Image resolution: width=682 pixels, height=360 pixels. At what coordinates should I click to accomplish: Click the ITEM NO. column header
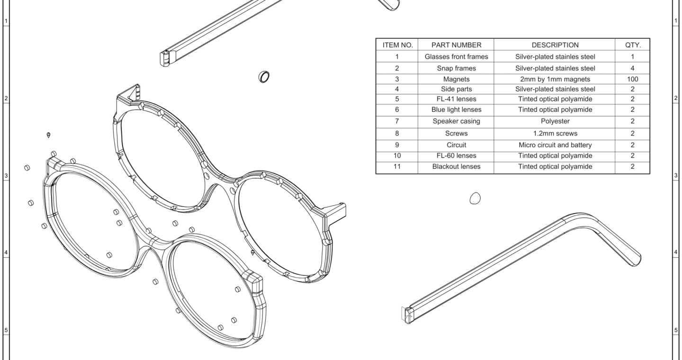(x=397, y=45)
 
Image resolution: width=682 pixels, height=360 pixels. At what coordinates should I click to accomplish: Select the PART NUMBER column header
(x=456, y=45)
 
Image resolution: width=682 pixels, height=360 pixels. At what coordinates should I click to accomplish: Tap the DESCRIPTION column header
(x=555, y=45)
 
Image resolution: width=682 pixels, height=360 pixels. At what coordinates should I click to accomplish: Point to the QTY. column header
(x=633, y=45)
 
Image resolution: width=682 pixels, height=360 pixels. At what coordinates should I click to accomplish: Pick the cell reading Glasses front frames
(x=456, y=57)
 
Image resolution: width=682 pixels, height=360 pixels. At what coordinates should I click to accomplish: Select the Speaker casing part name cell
(x=456, y=121)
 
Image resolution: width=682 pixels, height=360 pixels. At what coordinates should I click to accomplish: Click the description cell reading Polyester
(x=555, y=121)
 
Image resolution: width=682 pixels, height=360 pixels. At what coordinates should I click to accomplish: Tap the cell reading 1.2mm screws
(x=555, y=134)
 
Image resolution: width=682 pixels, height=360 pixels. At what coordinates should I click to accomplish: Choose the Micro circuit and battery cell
(x=555, y=144)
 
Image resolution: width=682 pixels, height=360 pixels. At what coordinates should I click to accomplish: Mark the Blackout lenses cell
(x=456, y=166)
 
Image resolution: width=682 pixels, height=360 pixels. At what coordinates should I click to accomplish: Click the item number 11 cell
(x=397, y=166)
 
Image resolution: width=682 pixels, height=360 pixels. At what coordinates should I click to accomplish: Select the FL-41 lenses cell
(x=456, y=99)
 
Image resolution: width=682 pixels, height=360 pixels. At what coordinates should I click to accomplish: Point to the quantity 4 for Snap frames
(x=632, y=68)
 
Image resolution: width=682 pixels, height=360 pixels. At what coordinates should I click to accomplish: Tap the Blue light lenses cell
(x=456, y=109)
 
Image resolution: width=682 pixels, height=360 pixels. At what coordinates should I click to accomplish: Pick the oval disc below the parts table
(x=475, y=198)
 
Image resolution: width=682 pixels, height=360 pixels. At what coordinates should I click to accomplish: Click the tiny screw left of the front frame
(x=49, y=135)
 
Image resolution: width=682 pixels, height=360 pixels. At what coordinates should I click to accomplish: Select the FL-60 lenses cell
(x=456, y=155)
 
